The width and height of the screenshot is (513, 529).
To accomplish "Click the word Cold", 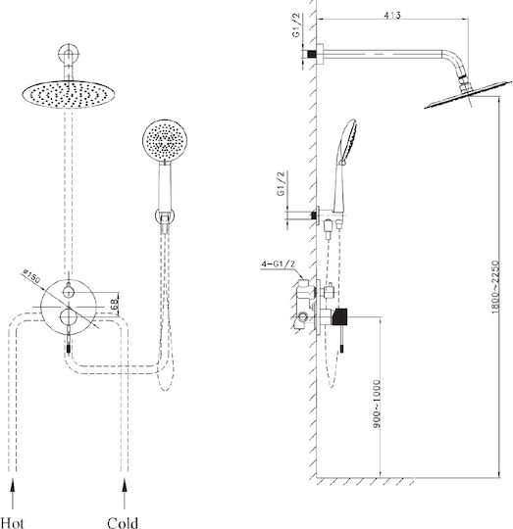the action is point(123,522).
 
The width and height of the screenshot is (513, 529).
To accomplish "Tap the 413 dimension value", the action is point(392,15).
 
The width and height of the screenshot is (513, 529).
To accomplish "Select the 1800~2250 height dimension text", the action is point(494,287).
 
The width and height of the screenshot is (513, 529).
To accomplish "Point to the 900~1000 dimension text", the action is point(377,405).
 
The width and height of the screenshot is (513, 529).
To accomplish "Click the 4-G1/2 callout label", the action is point(278,264).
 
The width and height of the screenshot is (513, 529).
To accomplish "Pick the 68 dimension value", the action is point(114,305).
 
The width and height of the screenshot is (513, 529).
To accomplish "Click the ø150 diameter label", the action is point(31,276).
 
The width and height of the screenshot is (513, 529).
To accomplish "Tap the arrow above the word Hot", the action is point(13,493).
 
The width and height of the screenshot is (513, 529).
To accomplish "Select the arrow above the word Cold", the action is point(125,493).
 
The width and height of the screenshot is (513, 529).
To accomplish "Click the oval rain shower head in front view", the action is point(69,94).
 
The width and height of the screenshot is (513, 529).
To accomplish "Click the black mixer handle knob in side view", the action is point(339,316).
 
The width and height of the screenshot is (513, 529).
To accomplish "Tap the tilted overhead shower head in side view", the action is point(468,94).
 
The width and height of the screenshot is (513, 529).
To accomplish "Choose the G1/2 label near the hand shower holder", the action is point(281,183).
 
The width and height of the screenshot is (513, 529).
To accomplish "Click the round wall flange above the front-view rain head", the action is point(69,54).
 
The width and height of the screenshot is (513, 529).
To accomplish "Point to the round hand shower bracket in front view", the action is point(165,216).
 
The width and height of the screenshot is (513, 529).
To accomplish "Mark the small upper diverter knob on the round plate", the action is point(69,291).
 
